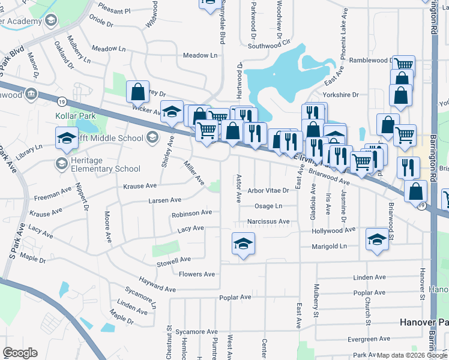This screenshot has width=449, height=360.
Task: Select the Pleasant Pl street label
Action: (x=114, y=11)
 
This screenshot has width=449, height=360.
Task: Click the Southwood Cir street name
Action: (x=269, y=46)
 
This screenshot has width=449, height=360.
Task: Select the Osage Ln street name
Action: (x=268, y=206)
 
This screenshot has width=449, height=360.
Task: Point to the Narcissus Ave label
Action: (x=268, y=221)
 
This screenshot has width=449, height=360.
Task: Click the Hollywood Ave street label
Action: (x=334, y=230)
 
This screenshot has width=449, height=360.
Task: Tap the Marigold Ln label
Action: (x=330, y=246)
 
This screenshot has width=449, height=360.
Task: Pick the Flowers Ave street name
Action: (x=197, y=274)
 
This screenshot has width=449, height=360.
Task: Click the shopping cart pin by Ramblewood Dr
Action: (x=403, y=64)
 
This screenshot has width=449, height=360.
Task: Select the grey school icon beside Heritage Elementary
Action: (x=61, y=163)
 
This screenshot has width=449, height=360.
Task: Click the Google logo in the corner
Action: (x=20, y=353)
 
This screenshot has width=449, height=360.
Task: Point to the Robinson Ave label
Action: (x=191, y=213)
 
